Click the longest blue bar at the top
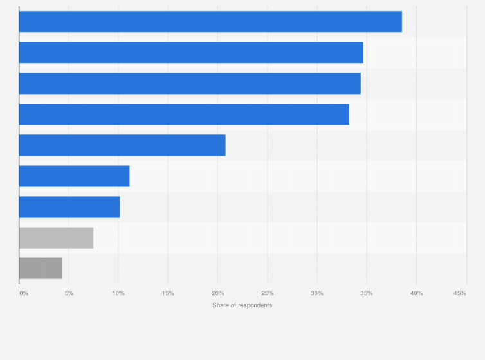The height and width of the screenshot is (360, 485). pyautogui.click(x=210, y=22)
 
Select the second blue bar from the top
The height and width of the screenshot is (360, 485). pyautogui.click(x=191, y=53)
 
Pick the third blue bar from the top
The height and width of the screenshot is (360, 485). pyautogui.click(x=190, y=84)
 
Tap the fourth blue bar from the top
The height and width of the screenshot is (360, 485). pyautogui.click(x=184, y=114)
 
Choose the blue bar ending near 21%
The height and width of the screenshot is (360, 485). pyautogui.click(x=122, y=145)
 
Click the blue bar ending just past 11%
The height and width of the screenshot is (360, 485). pyautogui.click(x=74, y=176)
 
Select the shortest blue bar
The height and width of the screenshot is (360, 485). pyautogui.click(x=69, y=207)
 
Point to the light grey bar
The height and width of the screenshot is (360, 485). pyautogui.click(x=56, y=238)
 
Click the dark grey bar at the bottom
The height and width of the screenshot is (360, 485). pyautogui.click(x=41, y=269)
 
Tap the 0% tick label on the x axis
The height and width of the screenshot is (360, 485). pyautogui.click(x=24, y=293)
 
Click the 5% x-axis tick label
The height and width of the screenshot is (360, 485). pyautogui.click(x=69, y=293)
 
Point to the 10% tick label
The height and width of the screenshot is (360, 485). pyautogui.click(x=118, y=293)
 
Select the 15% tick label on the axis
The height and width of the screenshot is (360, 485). pyautogui.click(x=168, y=293)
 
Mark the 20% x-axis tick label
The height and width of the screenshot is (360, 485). pyautogui.click(x=217, y=293)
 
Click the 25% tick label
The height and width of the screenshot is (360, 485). pyautogui.click(x=267, y=293)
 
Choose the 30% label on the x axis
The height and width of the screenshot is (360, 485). pyautogui.click(x=316, y=293)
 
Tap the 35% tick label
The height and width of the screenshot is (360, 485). pyautogui.click(x=366, y=293)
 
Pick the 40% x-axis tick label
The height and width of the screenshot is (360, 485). pyautogui.click(x=416, y=293)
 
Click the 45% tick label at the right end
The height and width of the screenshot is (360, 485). pyautogui.click(x=459, y=293)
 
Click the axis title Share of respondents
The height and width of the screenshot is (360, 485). pyautogui.click(x=242, y=305)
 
